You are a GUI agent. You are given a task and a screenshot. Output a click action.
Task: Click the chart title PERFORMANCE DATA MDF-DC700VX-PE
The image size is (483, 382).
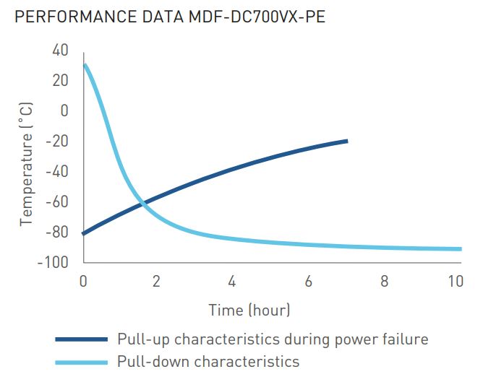tap(170, 17)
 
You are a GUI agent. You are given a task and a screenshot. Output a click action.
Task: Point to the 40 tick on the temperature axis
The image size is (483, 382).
tap(59, 50)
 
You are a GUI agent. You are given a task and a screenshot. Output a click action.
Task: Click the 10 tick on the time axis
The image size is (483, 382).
tap(455, 281)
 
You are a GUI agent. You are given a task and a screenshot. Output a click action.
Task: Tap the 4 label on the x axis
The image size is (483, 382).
tap(232, 281)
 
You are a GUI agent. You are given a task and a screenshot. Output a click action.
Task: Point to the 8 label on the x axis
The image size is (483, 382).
tap(382, 281)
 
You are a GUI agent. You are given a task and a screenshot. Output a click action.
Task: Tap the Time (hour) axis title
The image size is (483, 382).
tap(249, 311)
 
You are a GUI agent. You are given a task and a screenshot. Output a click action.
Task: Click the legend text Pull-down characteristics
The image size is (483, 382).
tap(208, 361)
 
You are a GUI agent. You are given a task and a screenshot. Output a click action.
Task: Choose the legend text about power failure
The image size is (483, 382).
tap(273, 339)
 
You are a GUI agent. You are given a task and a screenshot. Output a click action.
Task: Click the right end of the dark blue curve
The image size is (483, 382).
tap(346, 141)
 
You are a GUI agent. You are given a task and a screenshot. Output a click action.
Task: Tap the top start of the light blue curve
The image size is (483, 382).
tap(85, 65)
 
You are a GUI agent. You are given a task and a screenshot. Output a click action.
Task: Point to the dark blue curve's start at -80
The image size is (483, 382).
tap(85, 233)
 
